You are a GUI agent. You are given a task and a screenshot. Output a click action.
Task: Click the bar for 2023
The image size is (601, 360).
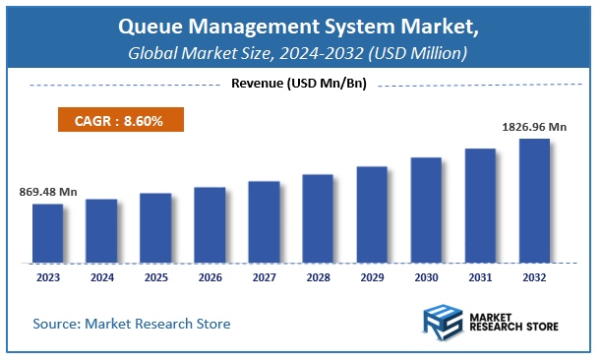coord(48,234)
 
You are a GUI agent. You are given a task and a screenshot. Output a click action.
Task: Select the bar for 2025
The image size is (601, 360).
coord(155,228)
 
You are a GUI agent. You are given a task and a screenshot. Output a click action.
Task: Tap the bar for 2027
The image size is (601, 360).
coord(264,222)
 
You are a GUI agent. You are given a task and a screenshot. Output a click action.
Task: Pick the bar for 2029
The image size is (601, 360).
coord(372,214)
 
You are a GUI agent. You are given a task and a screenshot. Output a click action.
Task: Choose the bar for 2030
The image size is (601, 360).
coord(426,210)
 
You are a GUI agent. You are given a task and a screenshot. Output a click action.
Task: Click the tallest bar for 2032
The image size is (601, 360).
coord(534,201)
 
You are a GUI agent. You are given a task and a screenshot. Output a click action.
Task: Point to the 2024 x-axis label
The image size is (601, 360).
coord(102,278)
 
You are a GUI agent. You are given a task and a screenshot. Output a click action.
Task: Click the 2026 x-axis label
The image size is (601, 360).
coord(210,278)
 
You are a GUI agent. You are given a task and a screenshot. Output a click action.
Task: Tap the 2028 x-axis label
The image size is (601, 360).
coord(318,278)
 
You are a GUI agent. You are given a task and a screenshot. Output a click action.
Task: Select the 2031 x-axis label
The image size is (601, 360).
coord(480,278)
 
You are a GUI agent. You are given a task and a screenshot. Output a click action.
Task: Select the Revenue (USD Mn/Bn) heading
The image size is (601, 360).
coord(299,84)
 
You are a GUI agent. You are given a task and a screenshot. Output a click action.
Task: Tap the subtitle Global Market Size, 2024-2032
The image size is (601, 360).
coord(299,52)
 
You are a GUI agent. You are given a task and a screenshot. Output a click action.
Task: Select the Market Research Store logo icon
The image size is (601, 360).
coord(443,323)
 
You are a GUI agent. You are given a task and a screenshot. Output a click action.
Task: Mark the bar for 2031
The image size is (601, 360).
coord(480,206)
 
